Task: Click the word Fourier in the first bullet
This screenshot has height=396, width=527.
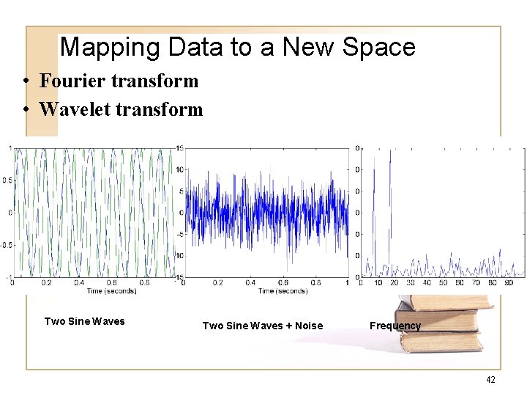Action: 72,81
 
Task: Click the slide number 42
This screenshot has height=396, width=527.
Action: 490,379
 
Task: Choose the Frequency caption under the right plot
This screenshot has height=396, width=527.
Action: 395,326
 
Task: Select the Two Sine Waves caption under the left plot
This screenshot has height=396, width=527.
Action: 84,321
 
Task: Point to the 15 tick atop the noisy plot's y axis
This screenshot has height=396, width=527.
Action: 179,149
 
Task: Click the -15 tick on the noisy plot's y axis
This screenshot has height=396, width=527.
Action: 178,277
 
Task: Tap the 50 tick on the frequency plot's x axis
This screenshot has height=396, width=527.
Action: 444,283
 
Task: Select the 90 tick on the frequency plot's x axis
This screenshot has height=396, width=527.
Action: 509,283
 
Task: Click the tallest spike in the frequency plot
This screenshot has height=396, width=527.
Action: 390,154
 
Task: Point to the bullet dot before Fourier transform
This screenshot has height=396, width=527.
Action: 26,81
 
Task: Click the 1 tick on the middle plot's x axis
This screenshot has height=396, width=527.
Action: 348,283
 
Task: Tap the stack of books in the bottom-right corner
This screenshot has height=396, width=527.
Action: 439,323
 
